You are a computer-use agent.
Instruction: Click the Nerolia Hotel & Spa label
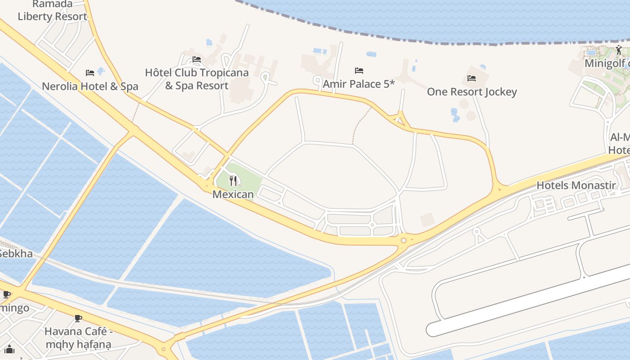[x=90, y=86]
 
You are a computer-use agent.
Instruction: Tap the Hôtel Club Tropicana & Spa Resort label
[x=197, y=79]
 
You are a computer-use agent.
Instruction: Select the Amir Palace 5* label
[x=359, y=84]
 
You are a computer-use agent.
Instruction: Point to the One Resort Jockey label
[x=472, y=92]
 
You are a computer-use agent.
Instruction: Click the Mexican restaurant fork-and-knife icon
[x=233, y=181]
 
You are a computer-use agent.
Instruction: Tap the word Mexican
[x=233, y=194]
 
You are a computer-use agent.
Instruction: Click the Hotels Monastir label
[x=576, y=185]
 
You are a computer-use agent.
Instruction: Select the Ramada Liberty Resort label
[x=52, y=11]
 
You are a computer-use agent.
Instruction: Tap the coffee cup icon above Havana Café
[x=78, y=319]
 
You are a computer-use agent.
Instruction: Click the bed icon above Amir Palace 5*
[x=359, y=70]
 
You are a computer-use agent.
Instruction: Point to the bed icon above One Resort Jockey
[x=472, y=78]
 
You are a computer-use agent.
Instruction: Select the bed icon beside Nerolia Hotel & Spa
[x=90, y=72]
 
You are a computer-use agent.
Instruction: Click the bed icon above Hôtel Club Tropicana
[x=197, y=59]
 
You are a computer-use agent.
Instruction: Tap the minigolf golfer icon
[x=619, y=50]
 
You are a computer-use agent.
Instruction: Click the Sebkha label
[x=16, y=254]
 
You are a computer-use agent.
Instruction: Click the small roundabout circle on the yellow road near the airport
[x=404, y=240]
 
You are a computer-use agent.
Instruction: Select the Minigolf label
[x=605, y=63]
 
